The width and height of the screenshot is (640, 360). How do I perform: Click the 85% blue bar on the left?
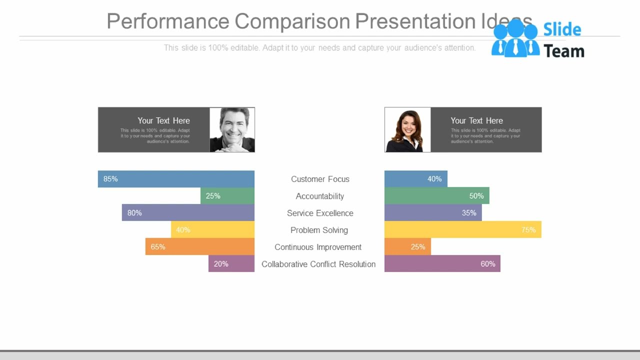click(176, 179)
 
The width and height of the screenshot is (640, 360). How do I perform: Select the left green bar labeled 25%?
click(227, 196)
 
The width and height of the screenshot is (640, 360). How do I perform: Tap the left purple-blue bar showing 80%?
click(188, 213)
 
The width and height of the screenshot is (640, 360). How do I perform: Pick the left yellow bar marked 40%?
click(212, 230)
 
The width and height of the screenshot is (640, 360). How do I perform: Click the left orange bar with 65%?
click(200, 247)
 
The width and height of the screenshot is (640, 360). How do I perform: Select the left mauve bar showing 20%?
click(231, 264)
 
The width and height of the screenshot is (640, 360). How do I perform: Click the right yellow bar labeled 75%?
click(462, 230)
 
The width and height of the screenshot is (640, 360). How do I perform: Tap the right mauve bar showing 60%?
click(442, 264)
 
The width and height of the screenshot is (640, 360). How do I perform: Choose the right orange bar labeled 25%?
click(407, 247)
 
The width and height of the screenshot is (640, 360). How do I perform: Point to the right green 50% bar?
click(436, 196)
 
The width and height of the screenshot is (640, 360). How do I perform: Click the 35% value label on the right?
click(469, 213)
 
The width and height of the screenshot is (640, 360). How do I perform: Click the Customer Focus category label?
click(320, 179)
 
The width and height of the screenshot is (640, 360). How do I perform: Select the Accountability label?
click(320, 196)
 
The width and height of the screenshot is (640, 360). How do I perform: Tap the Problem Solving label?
click(319, 230)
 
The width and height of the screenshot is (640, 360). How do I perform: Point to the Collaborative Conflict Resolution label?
click(318, 264)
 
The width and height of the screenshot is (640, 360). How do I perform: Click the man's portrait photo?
click(232, 129)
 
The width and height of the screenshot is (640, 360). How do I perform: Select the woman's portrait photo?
click(407, 129)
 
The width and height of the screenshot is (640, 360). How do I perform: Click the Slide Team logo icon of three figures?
click(515, 38)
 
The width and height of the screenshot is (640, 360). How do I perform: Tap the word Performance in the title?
click(168, 21)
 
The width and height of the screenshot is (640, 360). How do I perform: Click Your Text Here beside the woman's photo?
click(476, 120)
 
